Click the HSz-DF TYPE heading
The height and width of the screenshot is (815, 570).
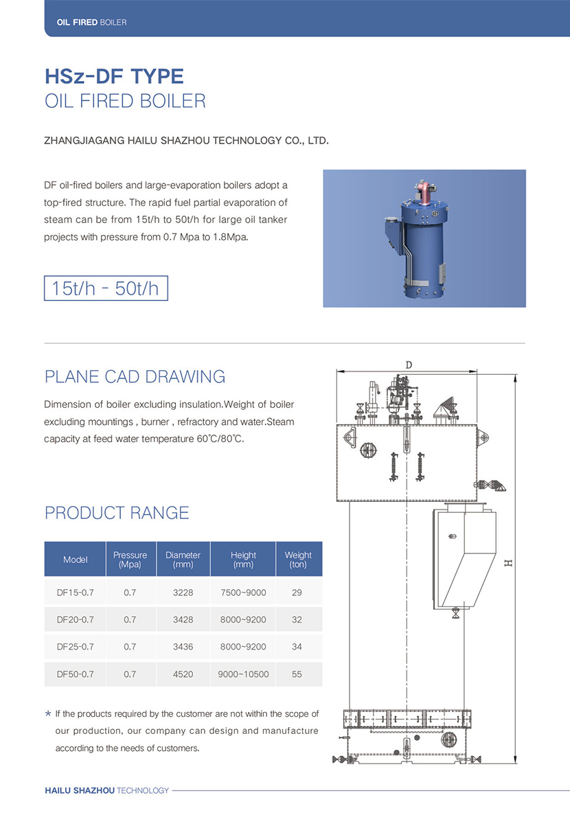tap(114, 75)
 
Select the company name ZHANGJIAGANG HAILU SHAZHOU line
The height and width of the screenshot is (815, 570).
tap(186, 141)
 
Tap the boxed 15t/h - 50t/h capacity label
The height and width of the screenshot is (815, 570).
tap(105, 288)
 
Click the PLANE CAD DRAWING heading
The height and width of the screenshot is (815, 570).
tap(135, 376)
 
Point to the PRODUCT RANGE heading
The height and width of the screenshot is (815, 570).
tap(117, 512)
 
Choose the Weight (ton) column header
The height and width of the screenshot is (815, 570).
tap(297, 559)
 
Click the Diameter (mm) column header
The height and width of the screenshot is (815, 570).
tap(183, 559)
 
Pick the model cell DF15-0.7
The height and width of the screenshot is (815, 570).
tap(75, 592)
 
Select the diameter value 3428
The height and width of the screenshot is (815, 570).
tap(183, 619)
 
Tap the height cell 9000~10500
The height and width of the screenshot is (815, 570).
tap(243, 674)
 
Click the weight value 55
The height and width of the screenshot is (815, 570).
tap(297, 674)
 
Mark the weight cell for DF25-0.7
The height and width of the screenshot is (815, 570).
tap(297, 647)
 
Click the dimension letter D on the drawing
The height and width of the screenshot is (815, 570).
tap(409, 365)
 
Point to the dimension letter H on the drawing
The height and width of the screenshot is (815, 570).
tap(508, 563)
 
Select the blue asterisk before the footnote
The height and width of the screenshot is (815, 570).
tap(47, 714)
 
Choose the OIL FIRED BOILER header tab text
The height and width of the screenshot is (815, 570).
tap(86, 23)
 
